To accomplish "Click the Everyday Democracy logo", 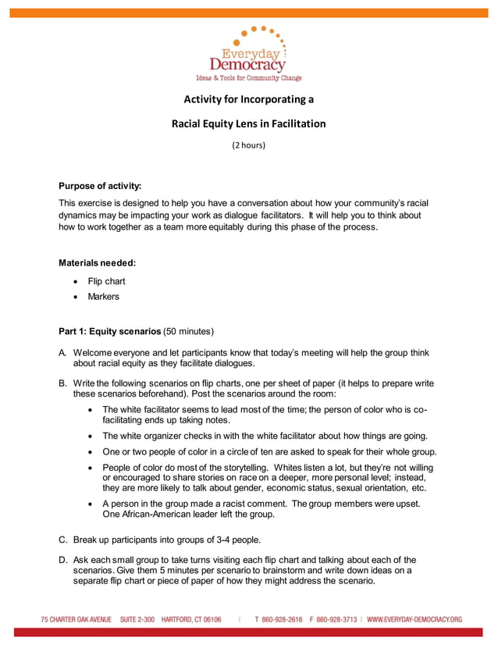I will click(x=248, y=53).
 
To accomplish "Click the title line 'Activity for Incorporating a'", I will click(x=248, y=99).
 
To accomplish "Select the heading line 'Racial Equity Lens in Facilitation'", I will click(x=248, y=123).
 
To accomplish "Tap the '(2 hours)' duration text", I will click(x=249, y=145).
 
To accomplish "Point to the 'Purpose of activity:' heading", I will click(x=100, y=186).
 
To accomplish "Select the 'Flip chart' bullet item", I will click(x=106, y=281).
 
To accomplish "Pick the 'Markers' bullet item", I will click(x=104, y=297).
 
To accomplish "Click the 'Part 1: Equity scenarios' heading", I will click(x=109, y=330).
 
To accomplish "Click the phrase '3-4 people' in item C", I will click(x=239, y=540).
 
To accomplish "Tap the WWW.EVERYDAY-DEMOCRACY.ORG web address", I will click(x=414, y=620).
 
